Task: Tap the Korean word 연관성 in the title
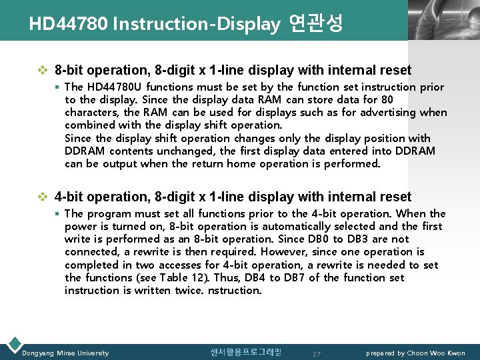(x=316, y=24)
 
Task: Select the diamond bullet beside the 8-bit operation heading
(x=44, y=70)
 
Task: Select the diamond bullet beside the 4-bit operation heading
(x=44, y=197)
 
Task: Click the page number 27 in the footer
(x=317, y=353)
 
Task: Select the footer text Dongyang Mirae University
(x=65, y=353)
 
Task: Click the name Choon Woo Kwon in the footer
(x=437, y=353)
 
